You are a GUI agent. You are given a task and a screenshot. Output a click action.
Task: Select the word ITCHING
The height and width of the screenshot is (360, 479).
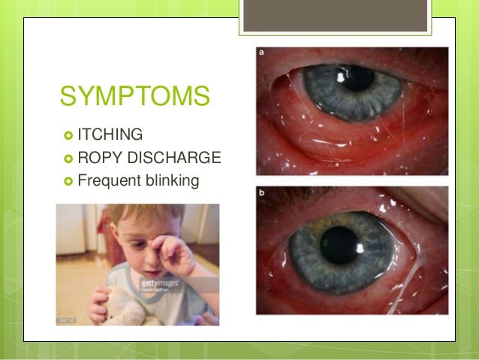110,135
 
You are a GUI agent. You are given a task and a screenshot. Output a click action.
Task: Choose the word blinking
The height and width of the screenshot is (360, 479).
172,180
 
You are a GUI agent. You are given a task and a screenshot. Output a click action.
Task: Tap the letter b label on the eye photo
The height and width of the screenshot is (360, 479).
261,192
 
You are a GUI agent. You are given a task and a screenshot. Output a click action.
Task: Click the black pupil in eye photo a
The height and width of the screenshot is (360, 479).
359,77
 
